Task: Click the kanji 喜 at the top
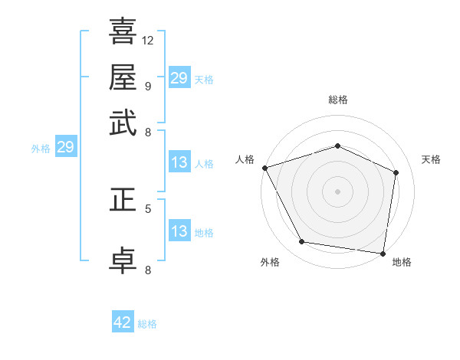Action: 123,31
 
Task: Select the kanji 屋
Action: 123,77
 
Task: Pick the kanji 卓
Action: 123,259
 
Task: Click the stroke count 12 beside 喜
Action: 148,39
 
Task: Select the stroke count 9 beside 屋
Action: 147,86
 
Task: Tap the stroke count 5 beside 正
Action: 147,208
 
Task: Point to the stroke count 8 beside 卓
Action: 147,269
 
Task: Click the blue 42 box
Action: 123,322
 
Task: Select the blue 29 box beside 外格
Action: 65,147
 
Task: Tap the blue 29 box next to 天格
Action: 179,78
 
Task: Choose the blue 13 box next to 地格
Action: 179,231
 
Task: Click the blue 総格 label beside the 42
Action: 147,324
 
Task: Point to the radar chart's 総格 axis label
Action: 338,100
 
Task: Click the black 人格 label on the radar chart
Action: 245,159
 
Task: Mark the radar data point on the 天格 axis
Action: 396,172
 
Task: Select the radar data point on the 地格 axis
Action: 383,253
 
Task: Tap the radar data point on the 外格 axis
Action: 302,242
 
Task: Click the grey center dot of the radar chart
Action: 338,191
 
